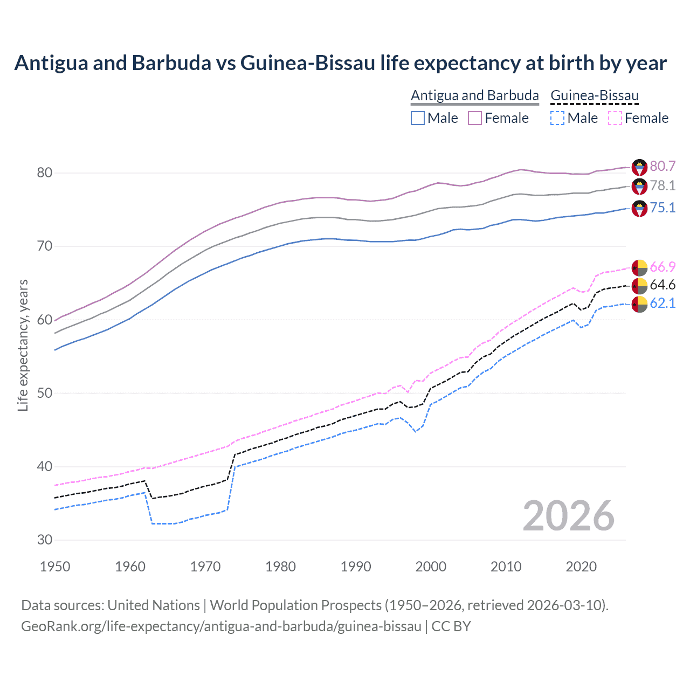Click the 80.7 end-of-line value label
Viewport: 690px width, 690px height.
coord(663,166)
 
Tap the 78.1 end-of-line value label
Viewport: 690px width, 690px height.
coord(663,185)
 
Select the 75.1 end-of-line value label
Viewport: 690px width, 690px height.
coord(663,208)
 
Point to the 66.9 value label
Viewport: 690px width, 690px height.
coord(663,267)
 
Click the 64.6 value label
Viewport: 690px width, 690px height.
coord(663,285)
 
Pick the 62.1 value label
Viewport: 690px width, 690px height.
coord(663,303)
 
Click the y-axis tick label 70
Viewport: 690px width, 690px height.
coord(45,246)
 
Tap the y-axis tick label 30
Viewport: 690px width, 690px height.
coord(45,540)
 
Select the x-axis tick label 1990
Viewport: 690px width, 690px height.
coord(356,567)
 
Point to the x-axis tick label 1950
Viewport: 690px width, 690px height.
coord(56,567)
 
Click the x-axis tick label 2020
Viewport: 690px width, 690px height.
coord(581,567)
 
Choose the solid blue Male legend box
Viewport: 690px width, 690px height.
coord(418,118)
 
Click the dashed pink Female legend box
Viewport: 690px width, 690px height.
coord(615,118)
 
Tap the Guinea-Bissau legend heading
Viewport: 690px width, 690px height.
coord(595,96)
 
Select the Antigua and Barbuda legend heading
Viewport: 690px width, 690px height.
coord(475,96)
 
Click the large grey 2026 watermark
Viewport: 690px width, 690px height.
coord(569,516)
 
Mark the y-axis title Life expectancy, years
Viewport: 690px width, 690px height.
coord(23,345)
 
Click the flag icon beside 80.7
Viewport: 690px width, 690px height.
coord(639,167)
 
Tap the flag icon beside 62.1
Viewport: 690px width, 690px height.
coord(639,303)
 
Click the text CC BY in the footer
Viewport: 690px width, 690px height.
coord(451,626)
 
